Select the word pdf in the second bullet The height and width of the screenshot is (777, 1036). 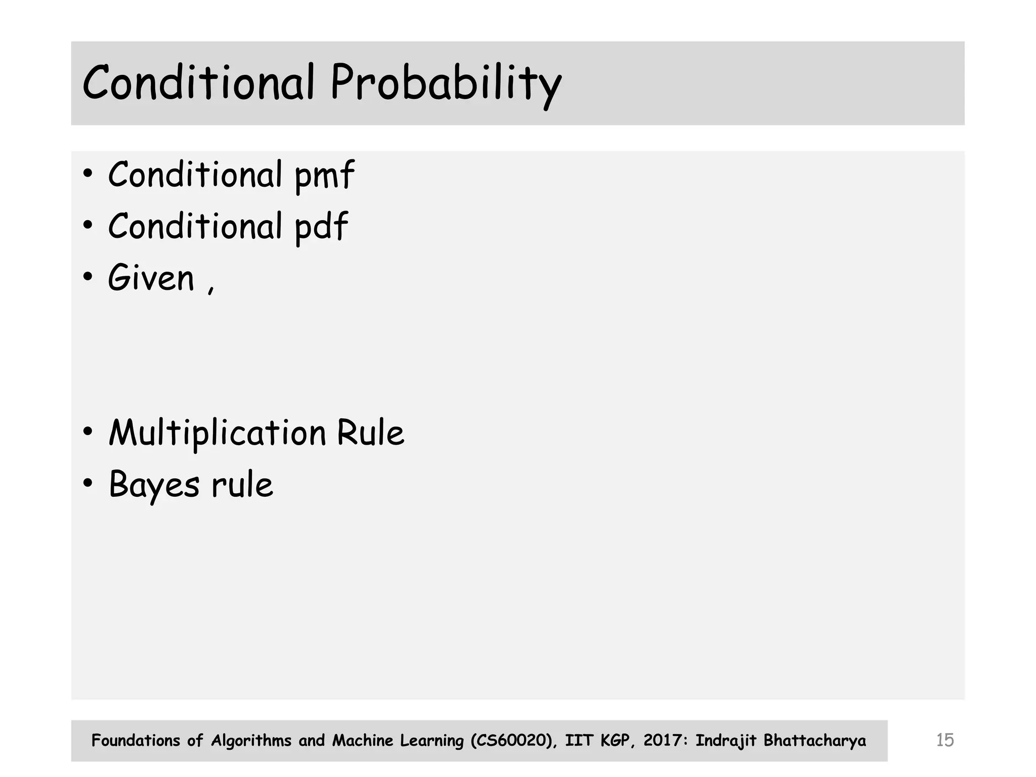(321, 227)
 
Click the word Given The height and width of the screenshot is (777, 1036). (151, 278)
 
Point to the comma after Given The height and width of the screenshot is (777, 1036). (211, 289)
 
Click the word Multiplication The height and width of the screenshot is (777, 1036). (218, 434)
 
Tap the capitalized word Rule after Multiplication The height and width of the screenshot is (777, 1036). (370, 433)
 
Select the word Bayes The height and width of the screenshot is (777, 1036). (154, 485)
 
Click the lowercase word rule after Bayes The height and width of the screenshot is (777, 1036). (242, 485)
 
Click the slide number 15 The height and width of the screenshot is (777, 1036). (944, 740)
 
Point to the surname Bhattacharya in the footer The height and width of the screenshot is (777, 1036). (814, 741)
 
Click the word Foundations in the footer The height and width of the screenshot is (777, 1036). (136, 741)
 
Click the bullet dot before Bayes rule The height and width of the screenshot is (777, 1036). (88, 484)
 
